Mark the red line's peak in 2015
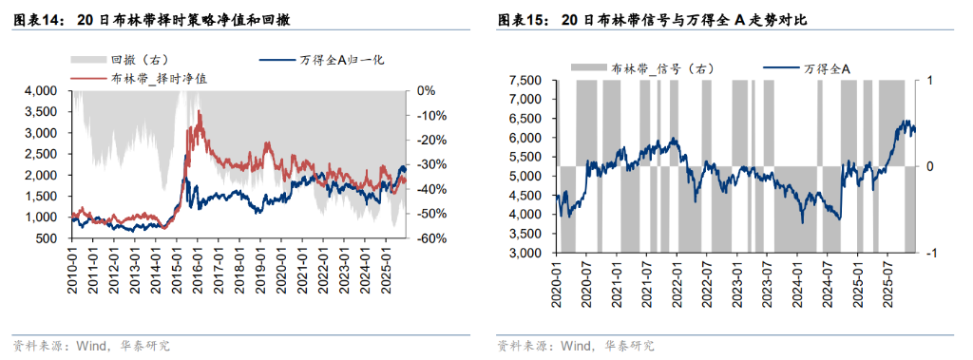[199, 112]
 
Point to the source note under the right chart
[576, 345]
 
